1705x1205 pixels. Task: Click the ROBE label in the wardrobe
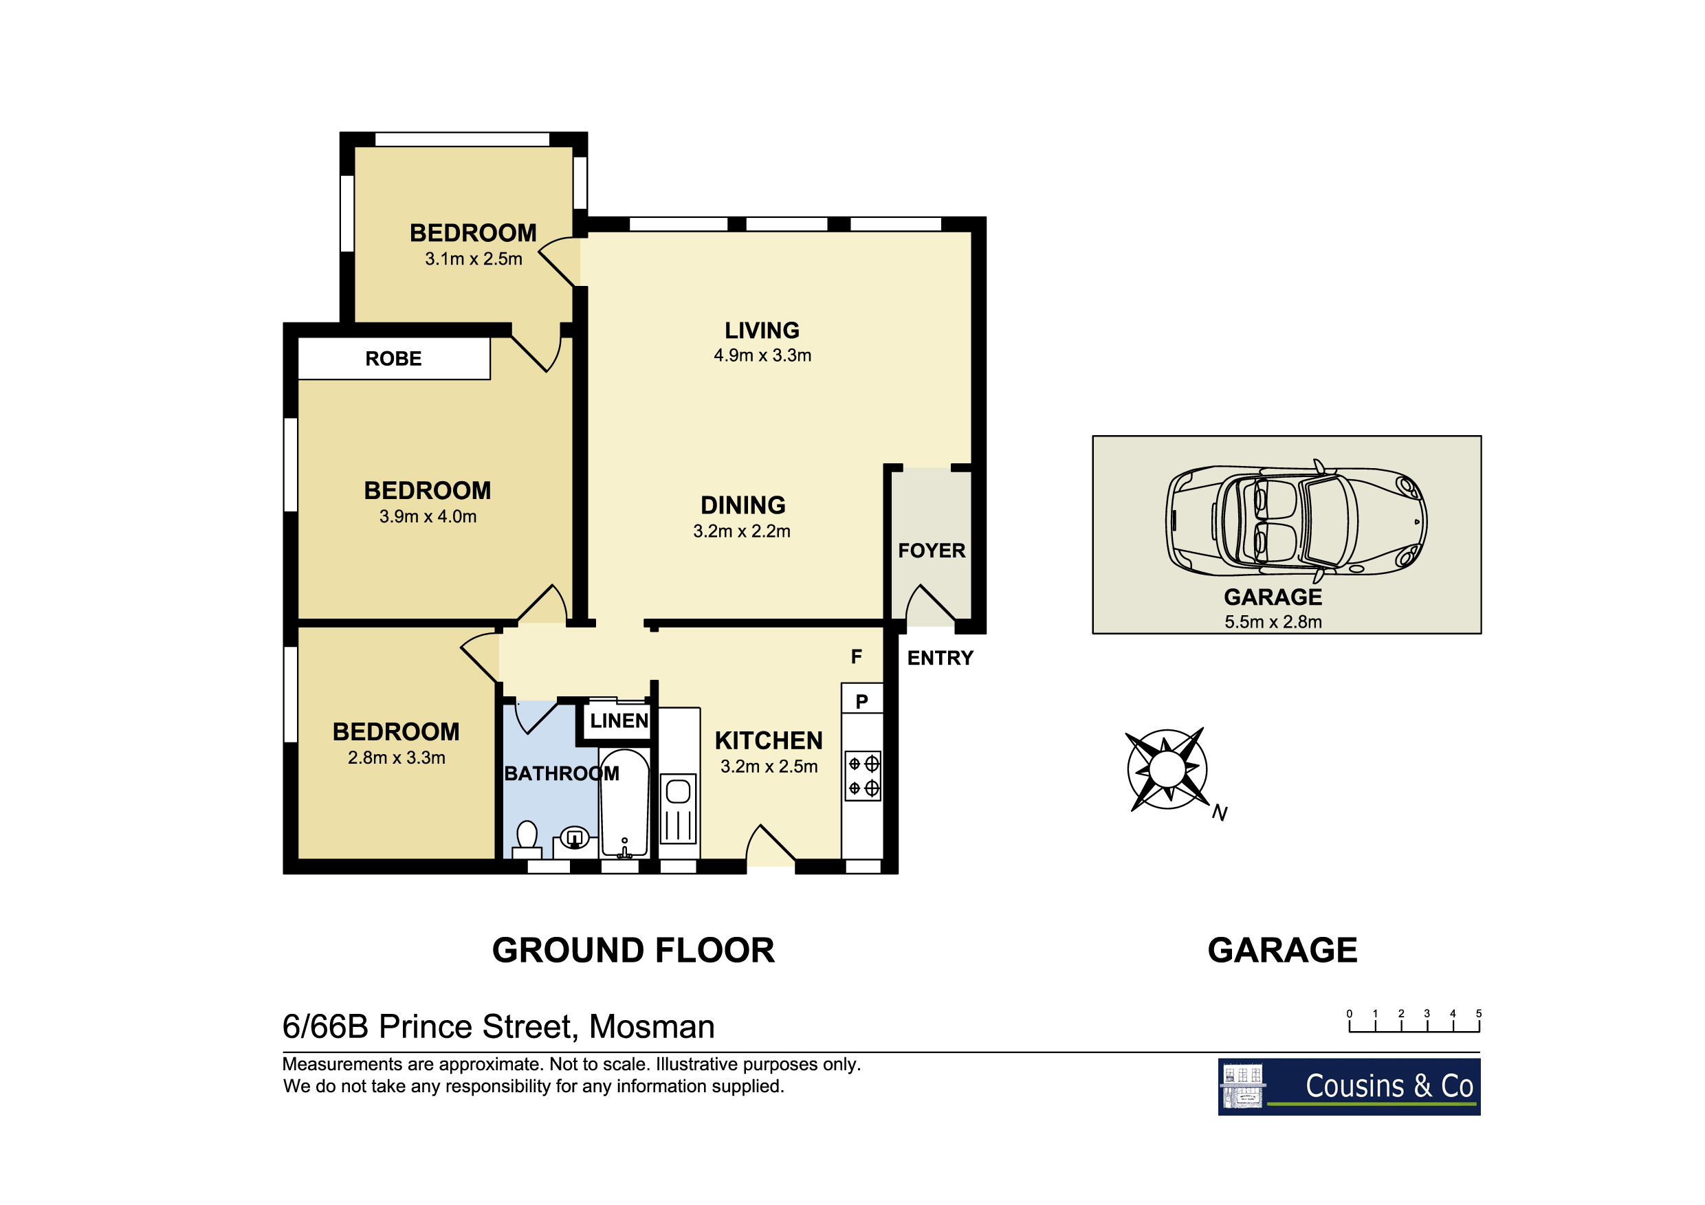tap(393, 359)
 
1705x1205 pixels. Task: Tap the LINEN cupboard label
tap(619, 720)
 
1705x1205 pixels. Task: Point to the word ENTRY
tap(940, 658)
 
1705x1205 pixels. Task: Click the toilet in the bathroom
tap(527, 841)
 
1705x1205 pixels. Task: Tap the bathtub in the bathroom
tap(624, 804)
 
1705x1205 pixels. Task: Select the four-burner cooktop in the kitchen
tap(863, 776)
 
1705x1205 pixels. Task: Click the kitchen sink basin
tap(678, 791)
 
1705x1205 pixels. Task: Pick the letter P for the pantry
tap(861, 702)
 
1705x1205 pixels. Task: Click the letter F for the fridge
tap(856, 656)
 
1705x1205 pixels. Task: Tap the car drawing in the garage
tap(1296, 520)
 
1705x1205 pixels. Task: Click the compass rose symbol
tap(1167, 769)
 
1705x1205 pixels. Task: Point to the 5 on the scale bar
tap(1479, 1013)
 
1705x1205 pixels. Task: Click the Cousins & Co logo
tap(1350, 1087)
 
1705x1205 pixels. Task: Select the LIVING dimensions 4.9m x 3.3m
tap(762, 355)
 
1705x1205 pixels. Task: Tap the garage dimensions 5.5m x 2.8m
tap(1273, 622)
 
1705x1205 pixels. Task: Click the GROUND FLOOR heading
tap(633, 951)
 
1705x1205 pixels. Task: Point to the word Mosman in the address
tap(651, 1027)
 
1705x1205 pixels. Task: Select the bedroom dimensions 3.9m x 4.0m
tap(428, 517)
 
